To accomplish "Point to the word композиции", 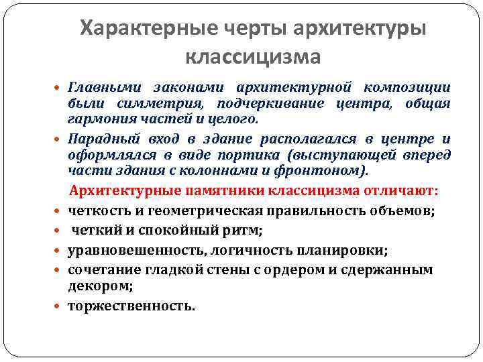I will click(407, 88).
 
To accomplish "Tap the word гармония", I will click(97, 119).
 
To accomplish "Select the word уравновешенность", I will click(137, 250).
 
